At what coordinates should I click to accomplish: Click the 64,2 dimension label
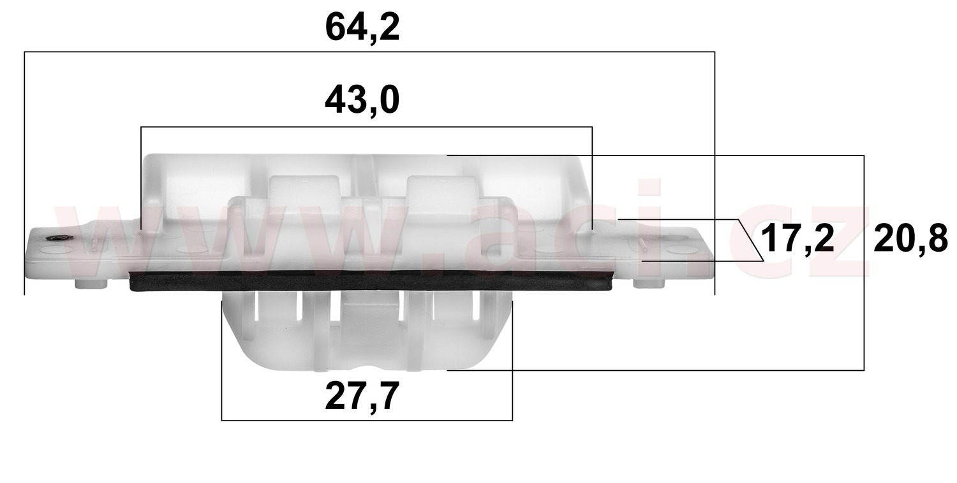pyautogui.click(x=362, y=28)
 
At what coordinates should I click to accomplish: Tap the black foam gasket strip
pyautogui.click(x=370, y=281)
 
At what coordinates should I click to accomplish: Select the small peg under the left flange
pyautogui.click(x=90, y=284)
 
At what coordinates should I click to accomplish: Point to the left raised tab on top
pyautogui.click(x=305, y=188)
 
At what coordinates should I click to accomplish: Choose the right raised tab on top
pyautogui.click(x=442, y=189)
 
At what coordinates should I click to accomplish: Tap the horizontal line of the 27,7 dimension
pyautogui.click(x=367, y=420)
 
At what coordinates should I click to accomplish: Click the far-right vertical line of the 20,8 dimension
pyautogui.click(x=864, y=261)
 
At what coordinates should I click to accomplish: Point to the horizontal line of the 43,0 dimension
pyautogui.click(x=367, y=127)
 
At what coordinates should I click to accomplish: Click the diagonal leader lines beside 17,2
pyautogui.click(x=750, y=240)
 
